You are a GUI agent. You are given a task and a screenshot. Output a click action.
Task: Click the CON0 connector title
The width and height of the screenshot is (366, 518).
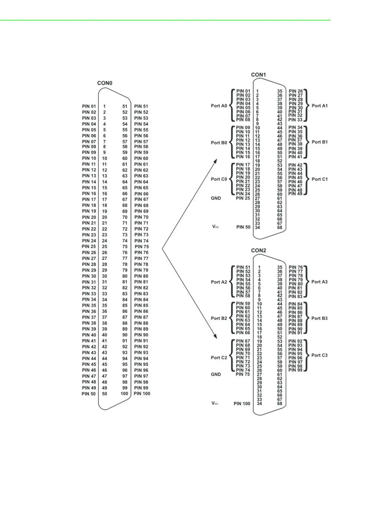click(x=105, y=83)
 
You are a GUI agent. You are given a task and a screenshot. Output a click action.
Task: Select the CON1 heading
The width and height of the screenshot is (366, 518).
click(x=258, y=75)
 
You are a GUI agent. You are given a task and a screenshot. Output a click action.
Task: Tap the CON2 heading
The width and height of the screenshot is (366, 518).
click(x=258, y=250)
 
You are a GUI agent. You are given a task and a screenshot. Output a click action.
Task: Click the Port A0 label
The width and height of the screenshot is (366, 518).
click(x=219, y=106)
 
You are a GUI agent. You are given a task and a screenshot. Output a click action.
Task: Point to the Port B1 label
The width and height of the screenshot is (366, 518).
click(x=320, y=142)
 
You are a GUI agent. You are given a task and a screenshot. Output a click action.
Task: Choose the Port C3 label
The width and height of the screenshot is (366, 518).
click(x=319, y=355)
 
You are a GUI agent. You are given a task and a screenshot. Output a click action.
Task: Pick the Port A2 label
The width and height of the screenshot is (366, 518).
click(x=219, y=282)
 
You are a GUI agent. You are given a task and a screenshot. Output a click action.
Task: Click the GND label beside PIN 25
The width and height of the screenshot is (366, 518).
click(x=216, y=198)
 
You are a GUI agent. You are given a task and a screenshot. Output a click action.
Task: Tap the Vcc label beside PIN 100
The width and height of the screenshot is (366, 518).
click(x=215, y=403)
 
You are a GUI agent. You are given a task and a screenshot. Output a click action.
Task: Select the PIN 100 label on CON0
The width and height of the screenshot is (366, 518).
click(x=142, y=394)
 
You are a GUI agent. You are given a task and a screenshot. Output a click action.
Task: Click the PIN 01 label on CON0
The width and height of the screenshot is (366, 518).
click(x=89, y=106)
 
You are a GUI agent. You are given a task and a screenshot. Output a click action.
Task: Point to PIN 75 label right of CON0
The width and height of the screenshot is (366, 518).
click(x=142, y=246)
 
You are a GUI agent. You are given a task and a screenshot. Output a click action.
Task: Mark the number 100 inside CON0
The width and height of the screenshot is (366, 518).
click(x=124, y=394)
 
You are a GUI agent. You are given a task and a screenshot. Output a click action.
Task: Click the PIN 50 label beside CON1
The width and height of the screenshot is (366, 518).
click(x=243, y=227)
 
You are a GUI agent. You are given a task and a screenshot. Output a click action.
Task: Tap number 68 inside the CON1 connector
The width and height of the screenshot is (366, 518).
click(x=280, y=227)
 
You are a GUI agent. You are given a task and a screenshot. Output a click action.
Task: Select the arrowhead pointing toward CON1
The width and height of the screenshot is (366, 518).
click(x=215, y=161)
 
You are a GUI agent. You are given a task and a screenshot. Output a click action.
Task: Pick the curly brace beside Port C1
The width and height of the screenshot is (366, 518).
click(x=306, y=179)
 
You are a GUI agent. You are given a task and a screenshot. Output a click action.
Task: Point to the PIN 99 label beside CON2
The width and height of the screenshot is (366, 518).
click(x=295, y=370)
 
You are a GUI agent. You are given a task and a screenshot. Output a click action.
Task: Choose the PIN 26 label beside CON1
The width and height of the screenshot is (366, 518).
click(x=296, y=91)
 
